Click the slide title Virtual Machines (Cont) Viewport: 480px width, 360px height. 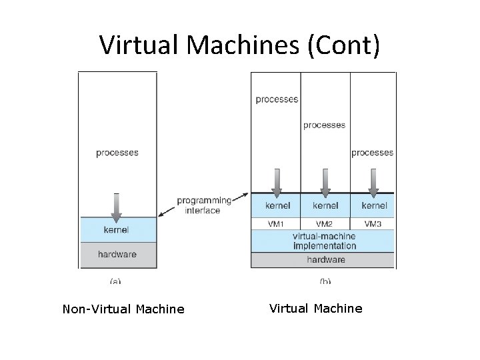(240, 45)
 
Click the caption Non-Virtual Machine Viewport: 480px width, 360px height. (123, 309)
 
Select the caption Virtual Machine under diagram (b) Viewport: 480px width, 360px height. (316, 308)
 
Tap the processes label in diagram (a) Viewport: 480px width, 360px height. (117, 153)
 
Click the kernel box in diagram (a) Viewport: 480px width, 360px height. (117, 230)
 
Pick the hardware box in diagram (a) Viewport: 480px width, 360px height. (117, 254)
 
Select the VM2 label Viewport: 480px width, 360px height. (325, 224)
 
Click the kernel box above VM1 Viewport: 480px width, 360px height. (277, 206)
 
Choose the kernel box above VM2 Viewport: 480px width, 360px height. (325, 206)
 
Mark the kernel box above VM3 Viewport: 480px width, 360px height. (372, 206)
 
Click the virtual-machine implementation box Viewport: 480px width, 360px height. (323, 241)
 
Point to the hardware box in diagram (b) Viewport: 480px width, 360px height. (323, 259)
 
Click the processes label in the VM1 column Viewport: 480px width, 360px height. (277, 99)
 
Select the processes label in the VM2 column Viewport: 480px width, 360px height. (325, 125)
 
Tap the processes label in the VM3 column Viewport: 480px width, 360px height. (372, 153)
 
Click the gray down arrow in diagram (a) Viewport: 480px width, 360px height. (117, 207)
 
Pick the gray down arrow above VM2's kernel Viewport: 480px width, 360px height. (325, 182)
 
